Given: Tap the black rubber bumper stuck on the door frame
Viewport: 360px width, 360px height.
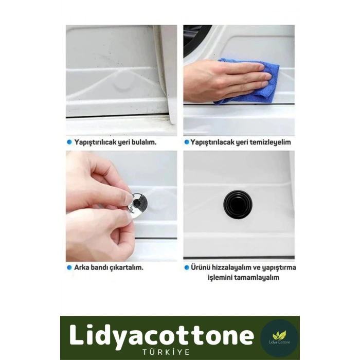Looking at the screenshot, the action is coord(238,204).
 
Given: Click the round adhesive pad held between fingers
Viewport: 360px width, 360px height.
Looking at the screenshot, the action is coord(138,205).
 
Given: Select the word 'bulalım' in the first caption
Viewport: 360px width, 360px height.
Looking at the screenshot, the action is coord(144,142).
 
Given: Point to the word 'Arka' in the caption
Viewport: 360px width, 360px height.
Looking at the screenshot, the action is coord(81,267).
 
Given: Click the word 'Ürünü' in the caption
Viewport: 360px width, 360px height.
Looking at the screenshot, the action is coord(200,267).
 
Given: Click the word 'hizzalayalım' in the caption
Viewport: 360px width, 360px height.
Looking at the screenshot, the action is coord(231,268).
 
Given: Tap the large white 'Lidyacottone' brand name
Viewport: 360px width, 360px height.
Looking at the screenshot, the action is coord(161,335).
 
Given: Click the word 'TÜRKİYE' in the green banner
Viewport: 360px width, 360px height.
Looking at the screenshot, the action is coord(166,352).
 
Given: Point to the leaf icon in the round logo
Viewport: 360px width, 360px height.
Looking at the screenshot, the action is coord(279,335).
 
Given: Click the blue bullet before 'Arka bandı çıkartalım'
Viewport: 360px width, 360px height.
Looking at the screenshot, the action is coord(69,267).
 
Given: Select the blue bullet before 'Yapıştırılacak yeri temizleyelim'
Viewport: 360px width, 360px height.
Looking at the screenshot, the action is coord(187,142).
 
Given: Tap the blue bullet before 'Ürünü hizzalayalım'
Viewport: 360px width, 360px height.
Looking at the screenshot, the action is coord(187,267).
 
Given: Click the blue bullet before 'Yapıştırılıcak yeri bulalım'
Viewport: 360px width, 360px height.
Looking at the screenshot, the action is coord(69,142).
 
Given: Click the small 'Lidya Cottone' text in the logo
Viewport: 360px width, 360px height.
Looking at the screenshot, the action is coord(279,343).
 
